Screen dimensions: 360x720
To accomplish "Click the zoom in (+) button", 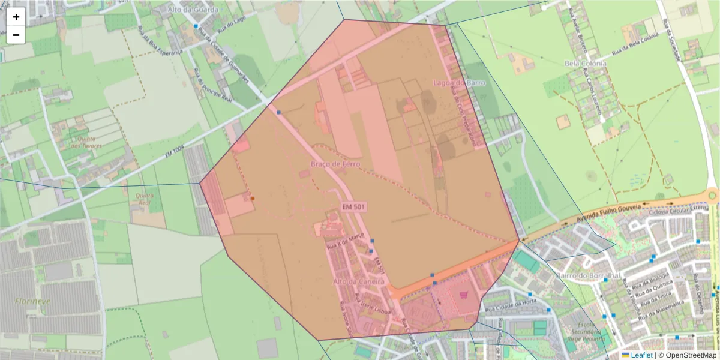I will [16, 17].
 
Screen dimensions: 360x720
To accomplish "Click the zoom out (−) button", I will [16, 35].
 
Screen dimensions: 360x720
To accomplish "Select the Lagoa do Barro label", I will [459, 82].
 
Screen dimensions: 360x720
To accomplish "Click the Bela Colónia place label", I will [586, 63].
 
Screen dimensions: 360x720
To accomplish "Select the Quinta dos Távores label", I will [86, 142].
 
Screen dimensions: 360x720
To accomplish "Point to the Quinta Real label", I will [145, 199].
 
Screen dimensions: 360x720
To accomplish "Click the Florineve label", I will [33, 301].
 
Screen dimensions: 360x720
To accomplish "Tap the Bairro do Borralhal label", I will [579, 276].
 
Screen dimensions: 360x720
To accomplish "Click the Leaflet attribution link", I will [641, 355].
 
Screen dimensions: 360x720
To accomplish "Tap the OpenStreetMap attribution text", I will [688, 355].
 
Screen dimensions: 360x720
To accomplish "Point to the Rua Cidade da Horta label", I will [502, 305].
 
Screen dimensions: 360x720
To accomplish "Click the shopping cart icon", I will [463, 295].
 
